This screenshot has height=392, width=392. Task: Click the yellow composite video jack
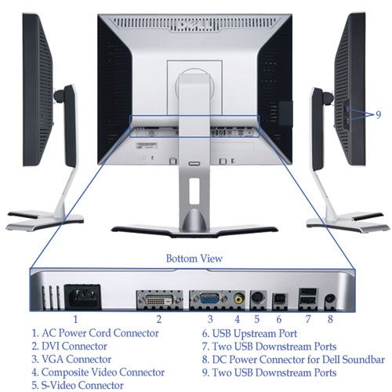click(x=239, y=298)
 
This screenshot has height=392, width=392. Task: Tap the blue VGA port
click(x=209, y=299)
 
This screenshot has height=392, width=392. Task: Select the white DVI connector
click(x=159, y=300)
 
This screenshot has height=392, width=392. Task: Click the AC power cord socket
click(x=83, y=297)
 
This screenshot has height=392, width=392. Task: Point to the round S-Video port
click(x=258, y=299)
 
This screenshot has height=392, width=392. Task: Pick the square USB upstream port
click(x=280, y=299)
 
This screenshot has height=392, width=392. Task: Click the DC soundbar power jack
click(x=330, y=299)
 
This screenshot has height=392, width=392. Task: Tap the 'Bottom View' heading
click(x=194, y=259)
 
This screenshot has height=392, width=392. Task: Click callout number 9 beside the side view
click(x=379, y=114)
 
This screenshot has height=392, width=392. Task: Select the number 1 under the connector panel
click(x=75, y=319)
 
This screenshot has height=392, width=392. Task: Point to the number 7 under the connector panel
click(x=308, y=319)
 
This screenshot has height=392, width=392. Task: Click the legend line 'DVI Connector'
click(x=70, y=347)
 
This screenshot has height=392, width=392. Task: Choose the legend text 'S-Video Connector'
click(x=78, y=386)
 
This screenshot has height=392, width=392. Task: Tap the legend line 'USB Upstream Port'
click(x=249, y=334)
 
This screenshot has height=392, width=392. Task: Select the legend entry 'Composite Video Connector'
click(x=98, y=372)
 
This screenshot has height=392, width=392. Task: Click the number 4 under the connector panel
click(x=237, y=319)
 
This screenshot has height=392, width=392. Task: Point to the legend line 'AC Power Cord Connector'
click(x=95, y=333)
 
